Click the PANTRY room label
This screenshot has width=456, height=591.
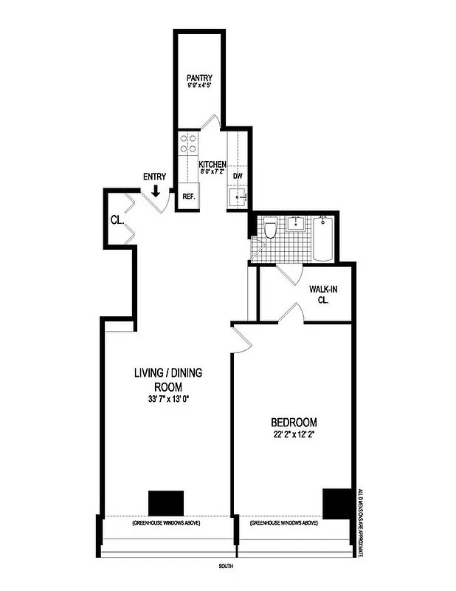coord(199,77)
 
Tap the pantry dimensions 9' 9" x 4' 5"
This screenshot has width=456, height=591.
coord(199,86)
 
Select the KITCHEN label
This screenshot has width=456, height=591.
coord(213,164)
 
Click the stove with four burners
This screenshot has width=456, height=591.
coord(187,143)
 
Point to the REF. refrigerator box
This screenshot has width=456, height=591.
coord(188,197)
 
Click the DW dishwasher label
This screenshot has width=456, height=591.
coord(238,177)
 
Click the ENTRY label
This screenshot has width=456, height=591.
coord(154,177)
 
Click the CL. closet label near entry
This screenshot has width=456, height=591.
coord(117,220)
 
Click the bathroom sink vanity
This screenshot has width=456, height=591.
coord(296,223)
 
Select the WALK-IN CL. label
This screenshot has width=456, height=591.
coord(323,295)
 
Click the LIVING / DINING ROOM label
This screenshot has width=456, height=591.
coord(167,380)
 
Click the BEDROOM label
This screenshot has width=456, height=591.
coord(293,422)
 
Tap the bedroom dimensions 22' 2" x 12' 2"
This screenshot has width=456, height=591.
coord(293,434)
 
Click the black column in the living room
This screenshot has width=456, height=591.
coord(166,503)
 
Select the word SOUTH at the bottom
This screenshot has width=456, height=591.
coord(227,568)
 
